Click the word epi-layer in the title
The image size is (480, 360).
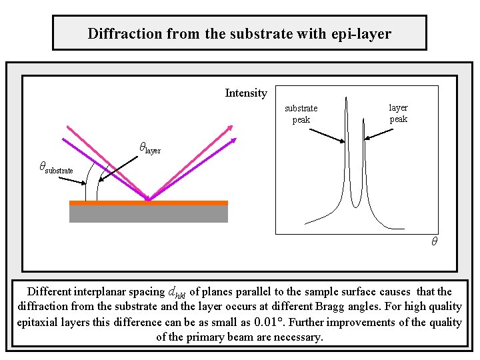click(363, 33)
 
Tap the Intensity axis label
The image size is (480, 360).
click(246, 93)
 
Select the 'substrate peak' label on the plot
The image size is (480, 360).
click(301, 114)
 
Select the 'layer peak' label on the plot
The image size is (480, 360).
click(398, 113)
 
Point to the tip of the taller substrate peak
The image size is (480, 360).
click(347, 100)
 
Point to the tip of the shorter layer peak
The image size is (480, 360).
click(363, 120)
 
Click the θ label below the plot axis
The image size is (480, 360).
click(433, 242)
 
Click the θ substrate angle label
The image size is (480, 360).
click(56, 168)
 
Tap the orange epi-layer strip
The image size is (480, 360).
click(148, 203)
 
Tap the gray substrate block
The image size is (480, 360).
click(148, 214)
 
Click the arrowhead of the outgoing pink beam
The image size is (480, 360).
click(230, 127)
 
